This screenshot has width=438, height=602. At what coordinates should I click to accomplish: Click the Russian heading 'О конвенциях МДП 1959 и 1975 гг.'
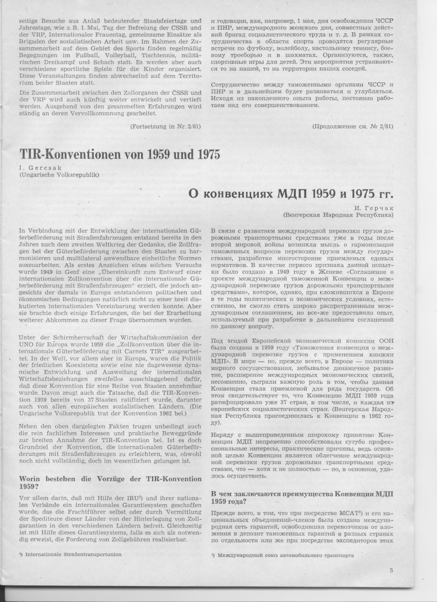(x=291, y=194)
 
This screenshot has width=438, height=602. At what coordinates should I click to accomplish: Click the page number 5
(x=392, y=570)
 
